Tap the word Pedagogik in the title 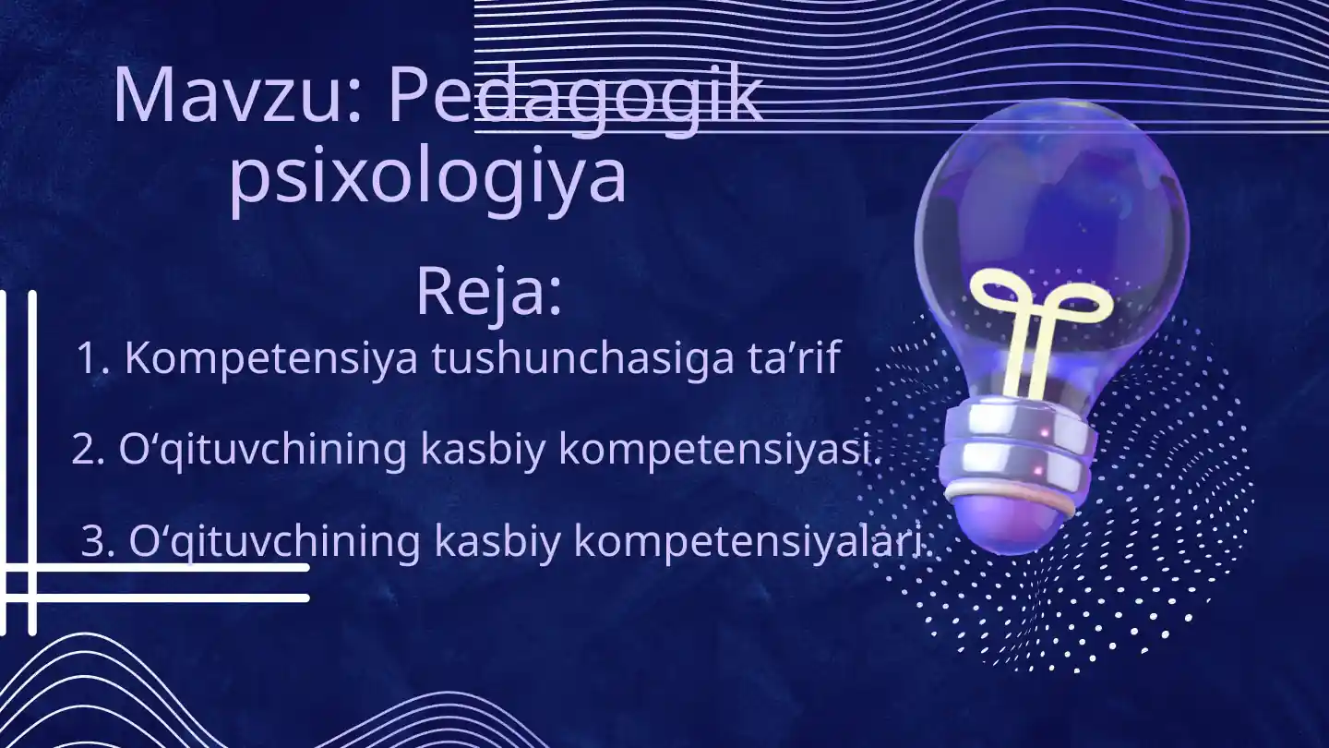[x=574, y=96]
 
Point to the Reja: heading [x=488, y=291]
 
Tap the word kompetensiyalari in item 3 [x=748, y=542]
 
